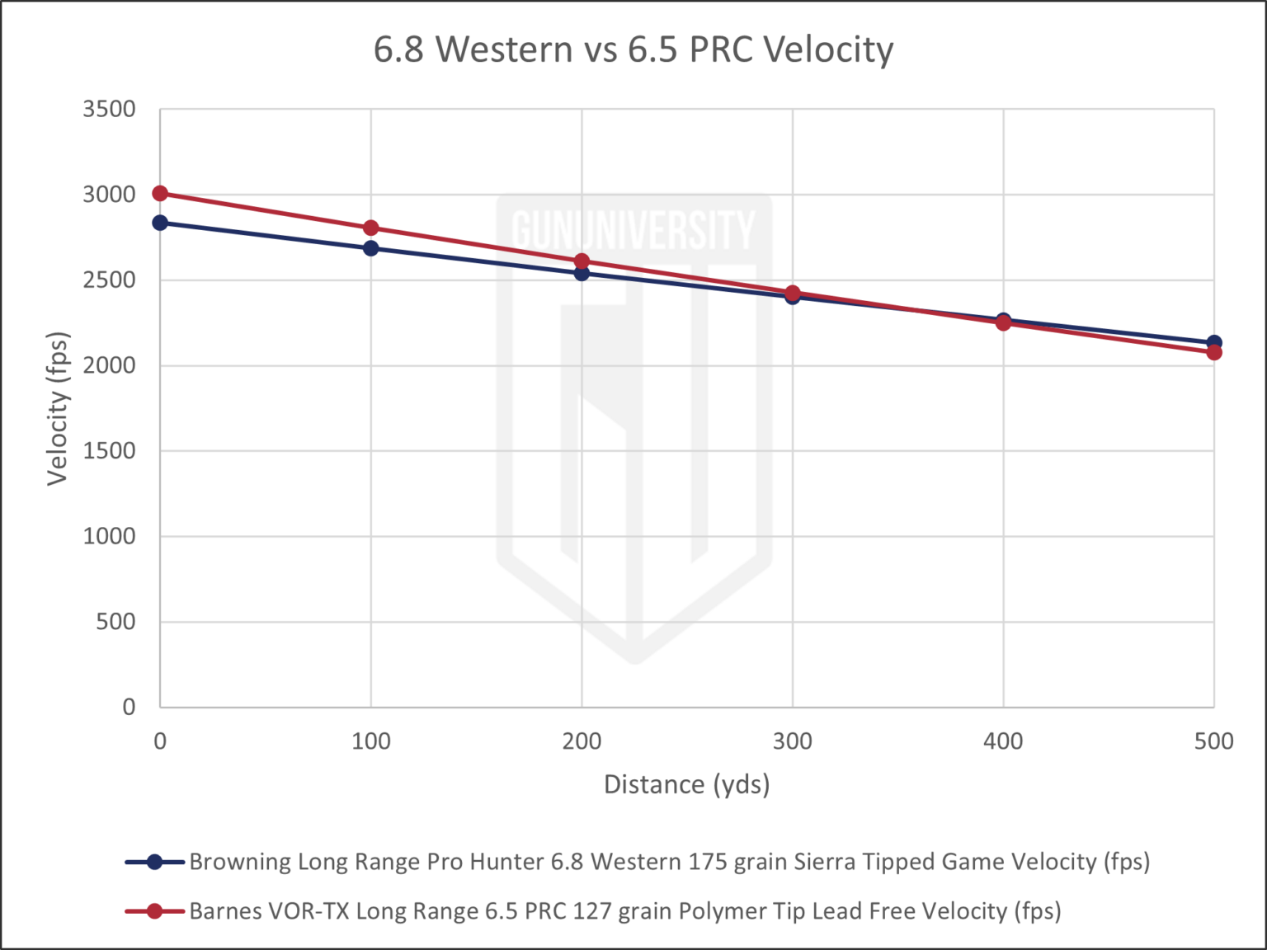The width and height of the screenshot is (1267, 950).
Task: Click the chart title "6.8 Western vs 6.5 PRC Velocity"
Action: [633, 50]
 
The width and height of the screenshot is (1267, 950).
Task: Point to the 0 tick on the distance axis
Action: [159, 741]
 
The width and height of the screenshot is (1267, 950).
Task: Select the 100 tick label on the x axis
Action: [370, 741]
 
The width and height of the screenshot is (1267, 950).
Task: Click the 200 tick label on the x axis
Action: [582, 741]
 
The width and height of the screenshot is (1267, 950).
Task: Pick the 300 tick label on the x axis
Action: [792, 741]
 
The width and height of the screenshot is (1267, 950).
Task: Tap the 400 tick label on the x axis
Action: [1003, 741]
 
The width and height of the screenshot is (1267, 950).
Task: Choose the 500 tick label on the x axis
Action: [1213, 741]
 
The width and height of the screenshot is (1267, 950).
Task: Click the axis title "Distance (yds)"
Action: [687, 784]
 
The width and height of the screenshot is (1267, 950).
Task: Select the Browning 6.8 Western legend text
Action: [669, 863]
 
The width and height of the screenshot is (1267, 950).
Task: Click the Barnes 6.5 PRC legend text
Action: [625, 911]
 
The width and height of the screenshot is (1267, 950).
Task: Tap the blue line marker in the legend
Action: [153, 863]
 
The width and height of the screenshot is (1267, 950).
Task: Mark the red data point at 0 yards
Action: [160, 194]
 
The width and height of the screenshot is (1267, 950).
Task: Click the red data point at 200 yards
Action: [582, 261]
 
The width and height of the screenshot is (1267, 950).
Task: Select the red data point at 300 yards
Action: [792, 294]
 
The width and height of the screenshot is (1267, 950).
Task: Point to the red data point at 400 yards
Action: [1003, 322]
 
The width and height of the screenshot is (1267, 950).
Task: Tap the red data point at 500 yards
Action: [1213, 354]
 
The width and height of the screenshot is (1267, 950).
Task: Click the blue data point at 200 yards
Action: [582, 274]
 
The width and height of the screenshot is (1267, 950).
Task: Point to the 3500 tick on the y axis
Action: [109, 108]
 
